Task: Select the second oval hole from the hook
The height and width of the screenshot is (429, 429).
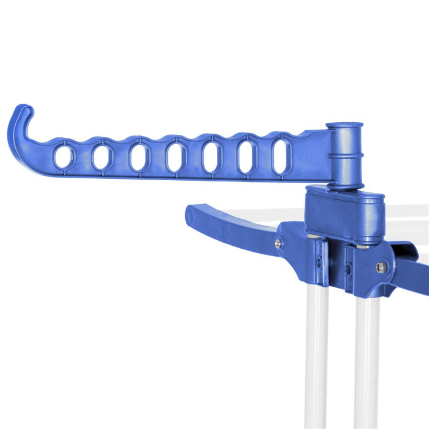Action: point(101,158)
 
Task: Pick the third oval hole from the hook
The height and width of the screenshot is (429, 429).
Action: point(139,158)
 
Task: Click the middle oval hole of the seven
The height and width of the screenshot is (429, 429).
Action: point(175,158)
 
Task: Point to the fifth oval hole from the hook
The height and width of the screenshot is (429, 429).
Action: point(212,158)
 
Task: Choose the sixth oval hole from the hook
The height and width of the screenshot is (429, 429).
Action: point(248,158)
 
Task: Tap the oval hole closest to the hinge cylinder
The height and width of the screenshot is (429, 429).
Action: point(281,156)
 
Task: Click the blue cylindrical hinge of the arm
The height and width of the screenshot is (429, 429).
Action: point(344,156)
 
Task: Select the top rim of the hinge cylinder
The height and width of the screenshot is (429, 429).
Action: point(344,126)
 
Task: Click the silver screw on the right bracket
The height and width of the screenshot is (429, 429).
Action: point(382,267)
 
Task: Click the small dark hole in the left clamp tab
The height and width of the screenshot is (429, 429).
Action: point(319,262)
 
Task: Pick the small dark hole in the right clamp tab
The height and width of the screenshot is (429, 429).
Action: point(347,270)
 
